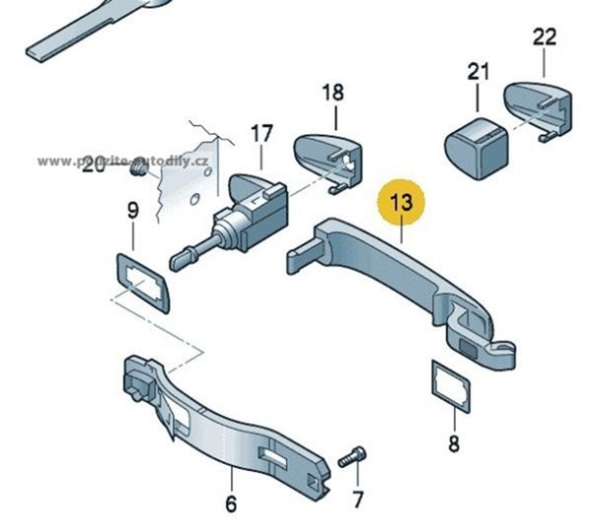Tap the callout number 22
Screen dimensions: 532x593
545,38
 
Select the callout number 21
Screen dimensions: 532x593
479,71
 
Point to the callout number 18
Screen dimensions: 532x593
334,93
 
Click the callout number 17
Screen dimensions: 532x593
260,132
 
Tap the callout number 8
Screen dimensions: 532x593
453,444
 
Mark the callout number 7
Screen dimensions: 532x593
358,499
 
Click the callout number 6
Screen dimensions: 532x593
231,504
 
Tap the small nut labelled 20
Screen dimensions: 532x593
140,171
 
